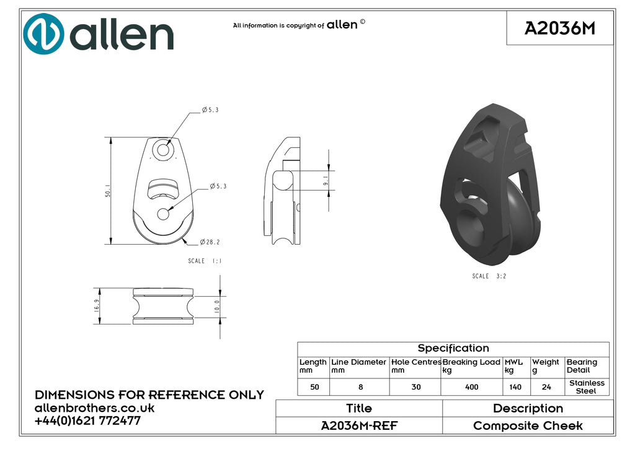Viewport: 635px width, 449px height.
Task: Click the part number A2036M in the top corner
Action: [560, 28]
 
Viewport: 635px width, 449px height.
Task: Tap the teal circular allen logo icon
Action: [43, 33]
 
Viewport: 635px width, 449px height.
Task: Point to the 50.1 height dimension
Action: [108, 191]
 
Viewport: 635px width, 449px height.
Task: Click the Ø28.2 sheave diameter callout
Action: [210, 242]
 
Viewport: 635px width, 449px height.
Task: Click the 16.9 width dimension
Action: [96, 305]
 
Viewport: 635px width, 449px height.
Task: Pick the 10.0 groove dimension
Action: [217, 307]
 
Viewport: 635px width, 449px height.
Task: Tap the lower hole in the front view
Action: [163, 214]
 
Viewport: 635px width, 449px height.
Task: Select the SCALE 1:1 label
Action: [205, 261]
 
